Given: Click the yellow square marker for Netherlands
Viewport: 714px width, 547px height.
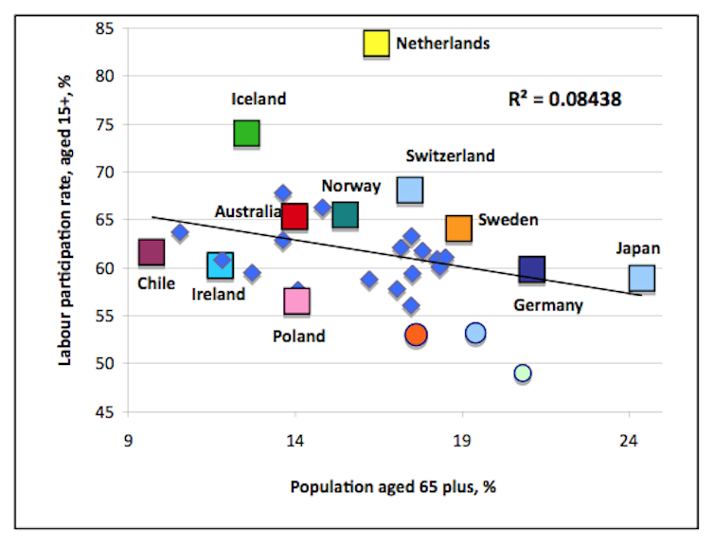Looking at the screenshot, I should pos(376,44).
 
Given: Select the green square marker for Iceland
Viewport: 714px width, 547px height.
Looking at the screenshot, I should pos(246,134).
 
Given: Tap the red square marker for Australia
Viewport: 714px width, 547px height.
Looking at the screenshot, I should pos(295,216).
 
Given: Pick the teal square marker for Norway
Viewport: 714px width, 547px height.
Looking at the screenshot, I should pos(346,215).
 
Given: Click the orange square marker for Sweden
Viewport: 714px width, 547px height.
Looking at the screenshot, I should pos(458,228).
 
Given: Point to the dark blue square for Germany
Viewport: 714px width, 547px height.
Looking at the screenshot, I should pos(532,270).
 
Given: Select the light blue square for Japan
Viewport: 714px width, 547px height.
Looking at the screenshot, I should pos(642,278).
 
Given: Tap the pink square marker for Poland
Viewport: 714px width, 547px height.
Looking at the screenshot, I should pos(296,301).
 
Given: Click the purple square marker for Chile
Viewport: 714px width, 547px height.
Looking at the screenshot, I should pos(152,252).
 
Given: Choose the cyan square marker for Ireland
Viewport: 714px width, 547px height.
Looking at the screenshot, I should pos(220,265).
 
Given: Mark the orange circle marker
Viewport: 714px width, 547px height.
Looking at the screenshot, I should pos(416,335).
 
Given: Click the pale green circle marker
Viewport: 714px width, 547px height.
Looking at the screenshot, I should pos(522,374).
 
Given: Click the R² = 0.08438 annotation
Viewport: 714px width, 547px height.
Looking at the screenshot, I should pos(564,98).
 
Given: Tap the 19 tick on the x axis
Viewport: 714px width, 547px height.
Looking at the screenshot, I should pos(462,440).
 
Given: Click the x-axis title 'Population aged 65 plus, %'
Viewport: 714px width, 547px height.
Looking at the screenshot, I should pos(393,486).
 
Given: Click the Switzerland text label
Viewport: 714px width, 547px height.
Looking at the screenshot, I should pos(450,156).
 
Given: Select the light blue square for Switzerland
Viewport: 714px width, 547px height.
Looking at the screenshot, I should pos(409,191).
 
